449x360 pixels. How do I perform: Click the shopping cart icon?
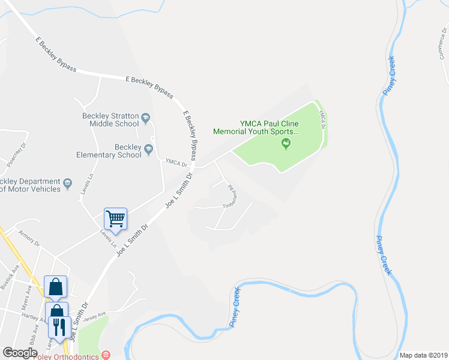(x=115, y=218)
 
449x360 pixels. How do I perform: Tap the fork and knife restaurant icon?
(x=59, y=326)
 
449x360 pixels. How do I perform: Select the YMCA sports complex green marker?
(x=286, y=143)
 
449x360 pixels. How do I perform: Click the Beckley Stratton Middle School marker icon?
(x=146, y=116)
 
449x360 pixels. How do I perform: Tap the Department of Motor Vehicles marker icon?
(x=68, y=182)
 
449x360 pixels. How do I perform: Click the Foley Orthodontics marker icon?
(x=106, y=355)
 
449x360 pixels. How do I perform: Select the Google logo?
(x=20, y=353)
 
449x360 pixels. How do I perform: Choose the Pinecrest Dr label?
(x=17, y=155)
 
